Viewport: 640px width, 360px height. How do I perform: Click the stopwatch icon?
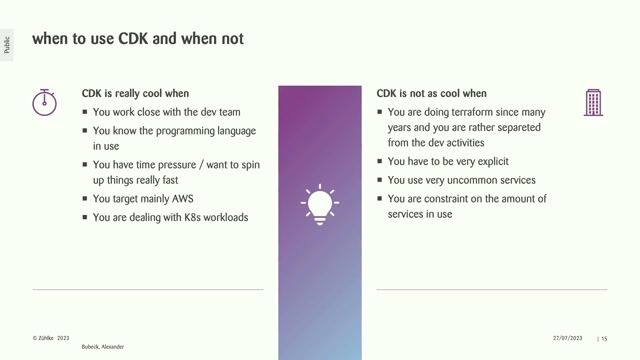coord(43,102)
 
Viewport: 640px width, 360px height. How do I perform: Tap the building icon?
coord(593,102)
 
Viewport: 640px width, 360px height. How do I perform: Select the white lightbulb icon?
coord(320,205)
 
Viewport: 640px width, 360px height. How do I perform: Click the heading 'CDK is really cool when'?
coord(136,93)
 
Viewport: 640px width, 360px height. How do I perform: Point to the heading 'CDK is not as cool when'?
coord(431,93)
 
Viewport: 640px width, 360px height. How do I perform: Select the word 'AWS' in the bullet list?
coord(182,199)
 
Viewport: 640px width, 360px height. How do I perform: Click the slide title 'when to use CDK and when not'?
coord(137,39)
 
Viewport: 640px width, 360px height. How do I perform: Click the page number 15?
coord(604,339)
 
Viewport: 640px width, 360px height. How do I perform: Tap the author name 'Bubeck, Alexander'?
coord(103,346)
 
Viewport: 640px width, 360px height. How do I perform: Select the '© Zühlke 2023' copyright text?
coord(50,339)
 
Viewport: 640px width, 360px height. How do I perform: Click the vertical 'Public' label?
coord(8,44)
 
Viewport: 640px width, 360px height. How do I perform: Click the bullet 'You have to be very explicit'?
coord(455,161)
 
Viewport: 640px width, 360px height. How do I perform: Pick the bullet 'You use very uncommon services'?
coord(461,180)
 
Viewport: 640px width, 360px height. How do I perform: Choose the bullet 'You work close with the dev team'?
coord(166,112)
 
